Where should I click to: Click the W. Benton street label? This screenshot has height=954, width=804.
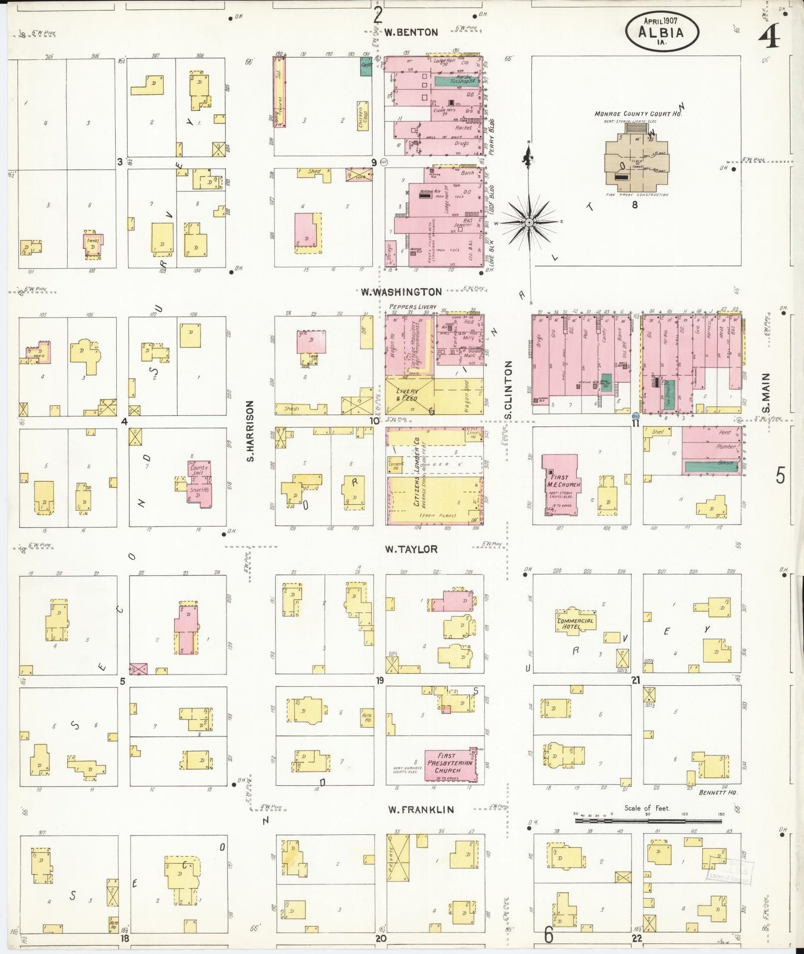click(411, 32)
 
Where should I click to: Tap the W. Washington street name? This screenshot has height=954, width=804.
click(401, 292)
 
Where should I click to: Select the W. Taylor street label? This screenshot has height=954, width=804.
click(411, 549)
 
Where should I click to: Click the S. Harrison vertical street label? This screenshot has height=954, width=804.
click(250, 431)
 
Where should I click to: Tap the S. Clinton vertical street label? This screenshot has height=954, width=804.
click(507, 390)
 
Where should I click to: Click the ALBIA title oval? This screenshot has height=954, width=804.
click(662, 32)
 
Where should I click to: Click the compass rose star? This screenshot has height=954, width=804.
click(529, 222)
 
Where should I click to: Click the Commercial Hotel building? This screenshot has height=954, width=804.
click(575, 623)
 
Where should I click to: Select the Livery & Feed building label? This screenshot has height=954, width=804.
click(407, 395)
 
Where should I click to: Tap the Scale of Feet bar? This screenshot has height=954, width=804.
click(648, 820)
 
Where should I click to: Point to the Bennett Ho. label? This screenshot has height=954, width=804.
click(718, 792)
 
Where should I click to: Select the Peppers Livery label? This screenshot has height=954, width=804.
click(413, 307)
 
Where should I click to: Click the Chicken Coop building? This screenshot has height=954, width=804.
click(364, 116)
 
